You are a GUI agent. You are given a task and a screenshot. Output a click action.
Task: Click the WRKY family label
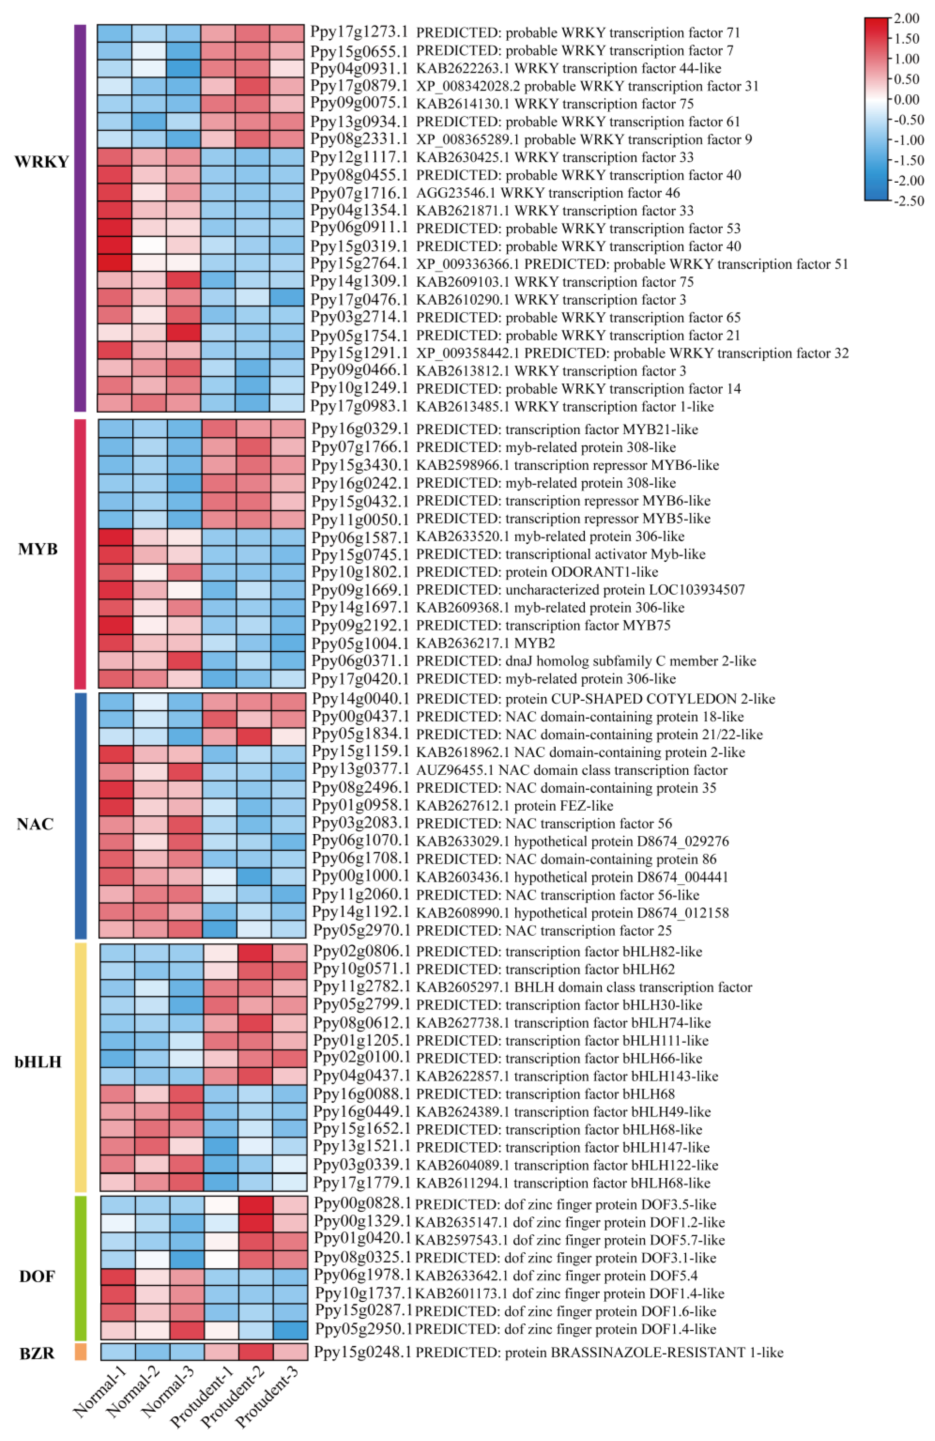tap(41, 162)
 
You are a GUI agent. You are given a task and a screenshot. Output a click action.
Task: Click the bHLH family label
tap(38, 1062)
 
